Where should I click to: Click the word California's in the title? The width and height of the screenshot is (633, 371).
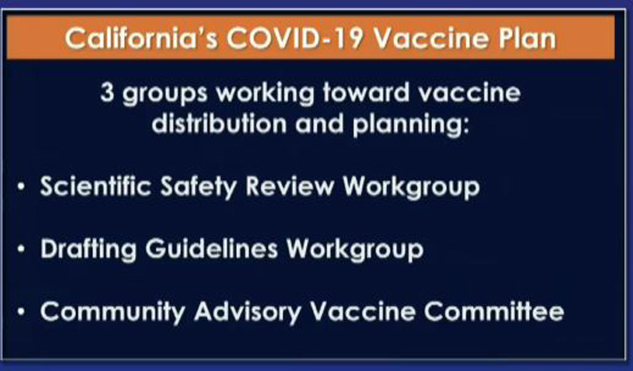pyautogui.click(x=141, y=39)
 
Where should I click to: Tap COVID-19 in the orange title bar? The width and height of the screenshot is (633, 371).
pyautogui.click(x=295, y=39)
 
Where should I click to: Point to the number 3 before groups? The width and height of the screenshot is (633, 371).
pyautogui.click(x=107, y=92)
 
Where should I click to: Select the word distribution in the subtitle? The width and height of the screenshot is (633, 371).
pyautogui.click(x=219, y=123)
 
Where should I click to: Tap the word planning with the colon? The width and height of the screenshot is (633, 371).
pyautogui.click(x=411, y=125)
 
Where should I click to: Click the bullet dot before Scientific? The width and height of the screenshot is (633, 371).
pyautogui.click(x=22, y=186)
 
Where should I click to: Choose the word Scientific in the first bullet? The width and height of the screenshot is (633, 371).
pyautogui.click(x=96, y=185)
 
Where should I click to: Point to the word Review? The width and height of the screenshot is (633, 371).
pyautogui.click(x=290, y=186)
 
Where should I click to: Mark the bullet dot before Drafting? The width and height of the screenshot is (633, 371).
pyautogui.click(x=22, y=249)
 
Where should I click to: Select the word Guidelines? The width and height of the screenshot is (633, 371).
pyautogui.click(x=212, y=248)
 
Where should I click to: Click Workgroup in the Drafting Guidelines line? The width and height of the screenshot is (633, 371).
pyautogui.click(x=355, y=250)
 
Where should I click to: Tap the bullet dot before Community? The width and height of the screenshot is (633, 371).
pyautogui.click(x=22, y=311)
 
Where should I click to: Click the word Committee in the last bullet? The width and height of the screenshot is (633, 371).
pyautogui.click(x=494, y=311)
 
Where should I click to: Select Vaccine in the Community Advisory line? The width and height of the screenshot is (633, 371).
pyautogui.click(x=363, y=311)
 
